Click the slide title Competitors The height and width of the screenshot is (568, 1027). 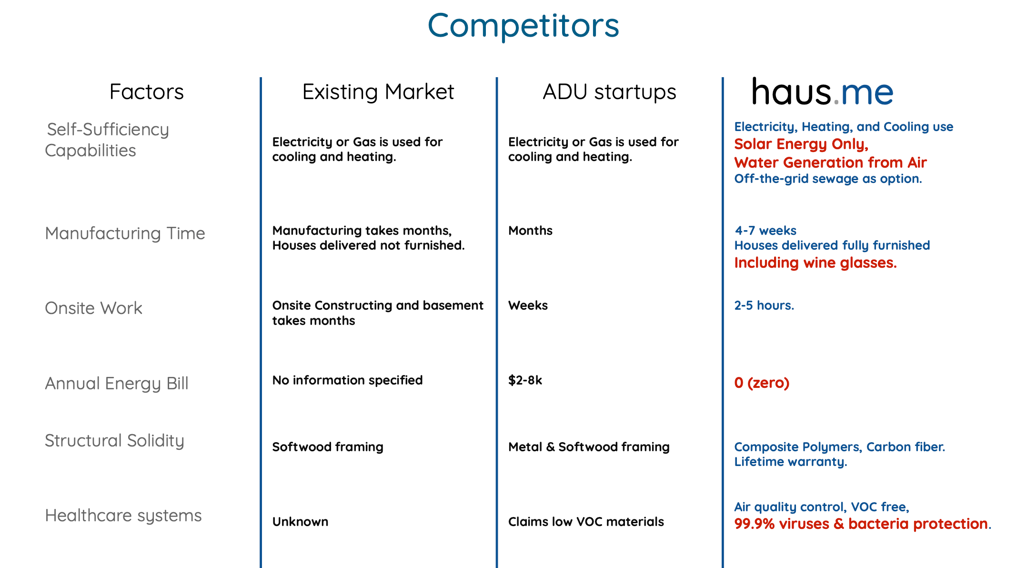pyautogui.click(x=523, y=26)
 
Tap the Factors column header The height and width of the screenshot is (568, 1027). pyautogui.click(x=146, y=91)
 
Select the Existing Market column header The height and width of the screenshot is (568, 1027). pyautogui.click(x=378, y=91)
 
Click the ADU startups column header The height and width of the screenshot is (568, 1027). pyautogui.click(x=609, y=91)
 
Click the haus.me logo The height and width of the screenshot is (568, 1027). pyautogui.click(x=823, y=91)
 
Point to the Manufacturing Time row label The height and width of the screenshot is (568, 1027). pyautogui.click(x=125, y=233)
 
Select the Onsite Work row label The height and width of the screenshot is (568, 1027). pyautogui.click(x=93, y=308)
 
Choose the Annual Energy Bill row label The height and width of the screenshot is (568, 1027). pyautogui.click(x=117, y=384)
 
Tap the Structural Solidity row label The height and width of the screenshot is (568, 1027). pyautogui.click(x=114, y=441)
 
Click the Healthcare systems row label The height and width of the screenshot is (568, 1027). pyautogui.click(x=123, y=516)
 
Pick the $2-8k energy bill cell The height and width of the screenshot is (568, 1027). pyautogui.click(x=525, y=380)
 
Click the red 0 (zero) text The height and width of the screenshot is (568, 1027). pyautogui.click(x=762, y=383)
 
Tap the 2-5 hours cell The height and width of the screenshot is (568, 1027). pyautogui.click(x=764, y=305)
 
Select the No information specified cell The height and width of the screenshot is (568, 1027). pyautogui.click(x=347, y=380)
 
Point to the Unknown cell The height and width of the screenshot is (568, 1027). pyautogui.click(x=300, y=522)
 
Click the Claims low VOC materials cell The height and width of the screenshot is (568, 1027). pyautogui.click(x=586, y=522)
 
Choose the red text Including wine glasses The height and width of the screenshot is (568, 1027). pyautogui.click(x=815, y=263)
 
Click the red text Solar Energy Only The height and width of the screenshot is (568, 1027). pyautogui.click(x=801, y=144)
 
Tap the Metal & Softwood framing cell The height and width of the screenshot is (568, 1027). pyautogui.click(x=589, y=447)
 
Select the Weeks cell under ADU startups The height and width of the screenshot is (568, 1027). pyautogui.click(x=528, y=305)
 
